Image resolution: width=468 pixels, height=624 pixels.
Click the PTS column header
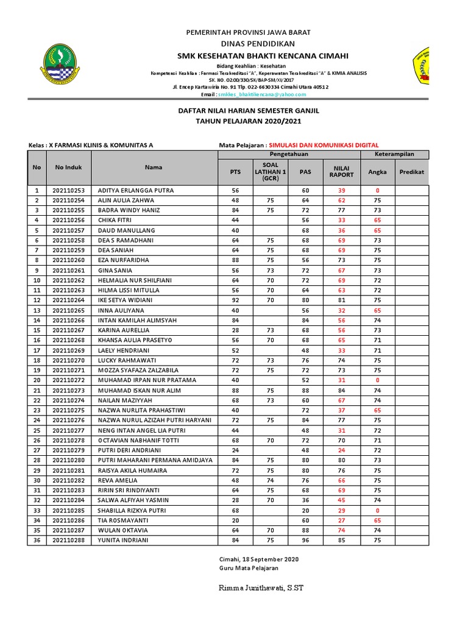click(x=235, y=172)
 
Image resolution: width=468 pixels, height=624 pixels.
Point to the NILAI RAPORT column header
click(x=341, y=172)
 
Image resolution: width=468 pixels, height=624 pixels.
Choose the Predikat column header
click(x=411, y=172)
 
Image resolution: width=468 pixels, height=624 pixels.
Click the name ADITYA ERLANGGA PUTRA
click(x=136, y=190)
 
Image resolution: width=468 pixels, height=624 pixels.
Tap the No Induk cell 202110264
click(x=68, y=300)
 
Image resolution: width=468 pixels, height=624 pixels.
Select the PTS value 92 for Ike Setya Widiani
click(x=235, y=300)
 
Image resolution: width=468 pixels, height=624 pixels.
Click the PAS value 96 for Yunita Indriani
click(x=305, y=540)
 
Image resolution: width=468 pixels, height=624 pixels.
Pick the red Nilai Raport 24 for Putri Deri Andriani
click(x=341, y=450)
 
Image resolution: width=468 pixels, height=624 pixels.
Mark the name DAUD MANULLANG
click(x=127, y=230)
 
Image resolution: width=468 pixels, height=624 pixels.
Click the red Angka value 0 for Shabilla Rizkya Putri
click(x=377, y=510)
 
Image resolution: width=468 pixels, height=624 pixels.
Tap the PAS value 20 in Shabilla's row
click(x=305, y=510)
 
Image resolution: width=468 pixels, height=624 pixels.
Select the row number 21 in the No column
click(x=37, y=390)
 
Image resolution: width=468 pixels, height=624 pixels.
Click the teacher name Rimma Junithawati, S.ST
click(x=261, y=588)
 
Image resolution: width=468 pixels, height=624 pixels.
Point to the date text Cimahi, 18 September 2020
click(x=259, y=559)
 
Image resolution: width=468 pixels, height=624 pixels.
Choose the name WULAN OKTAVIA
click(x=122, y=530)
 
